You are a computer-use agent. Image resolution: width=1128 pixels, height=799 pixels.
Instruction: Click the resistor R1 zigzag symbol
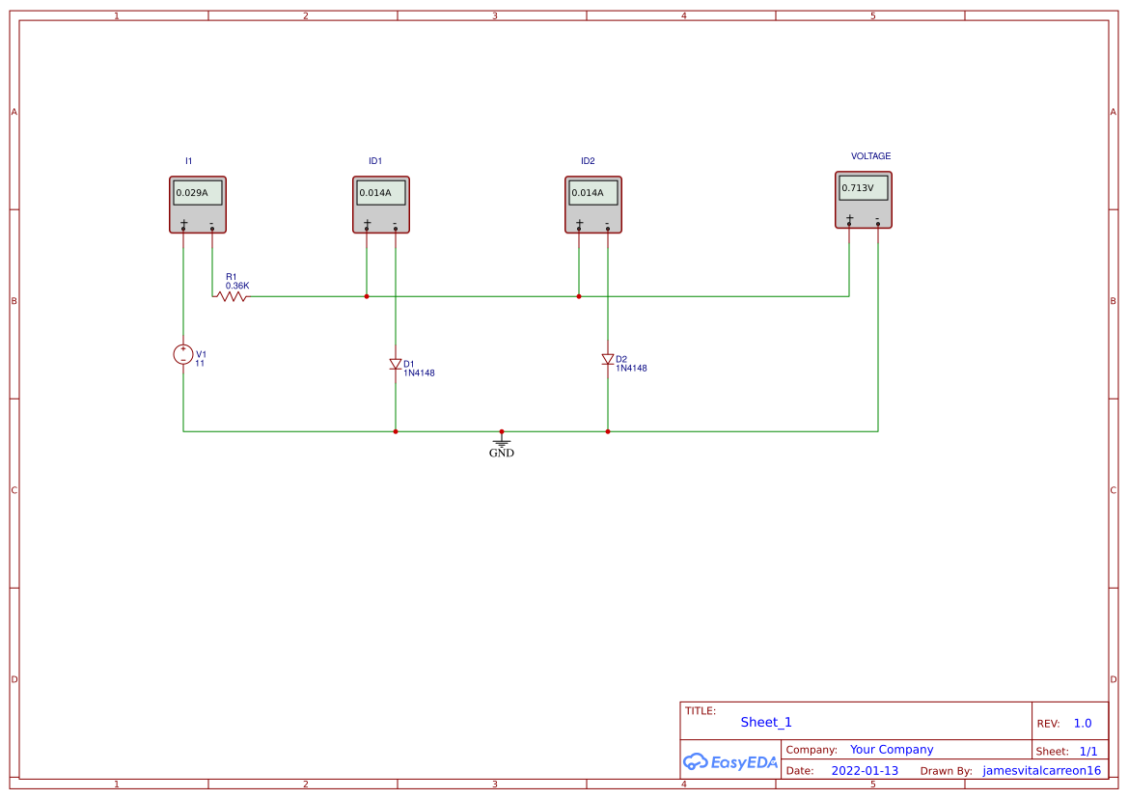tap(232, 296)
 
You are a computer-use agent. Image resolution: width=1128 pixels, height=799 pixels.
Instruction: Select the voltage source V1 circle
tap(183, 354)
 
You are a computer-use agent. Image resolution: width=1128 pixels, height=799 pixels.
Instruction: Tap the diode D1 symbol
tap(396, 364)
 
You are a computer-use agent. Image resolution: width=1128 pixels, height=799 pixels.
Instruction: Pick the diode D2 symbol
tap(608, 359)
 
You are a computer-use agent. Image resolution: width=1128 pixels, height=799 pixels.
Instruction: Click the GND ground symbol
tap(502, 443)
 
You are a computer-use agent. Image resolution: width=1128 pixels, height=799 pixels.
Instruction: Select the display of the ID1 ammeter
tap(380, 193)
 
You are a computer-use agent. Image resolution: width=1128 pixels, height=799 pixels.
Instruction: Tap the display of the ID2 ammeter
tap(592, 193)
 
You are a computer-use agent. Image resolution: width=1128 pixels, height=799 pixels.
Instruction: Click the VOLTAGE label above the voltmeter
tap(870, 156)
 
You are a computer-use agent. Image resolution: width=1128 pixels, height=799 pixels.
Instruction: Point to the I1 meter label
tap(189, 161)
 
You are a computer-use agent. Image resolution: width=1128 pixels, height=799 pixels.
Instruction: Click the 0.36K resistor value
tap(237, 286)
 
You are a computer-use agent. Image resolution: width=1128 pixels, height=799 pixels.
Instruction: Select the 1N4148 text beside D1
tap(419, 372)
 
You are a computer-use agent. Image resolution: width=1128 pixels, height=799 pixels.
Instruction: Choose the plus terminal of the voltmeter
tap(849, 223)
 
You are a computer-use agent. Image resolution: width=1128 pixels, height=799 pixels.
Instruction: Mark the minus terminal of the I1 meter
tap(212, 229)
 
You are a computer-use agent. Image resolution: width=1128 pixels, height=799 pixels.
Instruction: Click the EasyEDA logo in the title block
tap(730, 761)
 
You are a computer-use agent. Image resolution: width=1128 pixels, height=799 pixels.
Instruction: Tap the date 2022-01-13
tap(865, 771)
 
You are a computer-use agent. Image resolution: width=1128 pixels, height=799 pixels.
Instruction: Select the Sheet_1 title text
tap(766, 722)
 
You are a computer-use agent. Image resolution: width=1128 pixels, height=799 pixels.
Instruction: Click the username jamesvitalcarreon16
tap(1041, 771)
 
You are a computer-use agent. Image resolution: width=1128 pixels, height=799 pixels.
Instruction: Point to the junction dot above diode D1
tap(367, 296)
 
